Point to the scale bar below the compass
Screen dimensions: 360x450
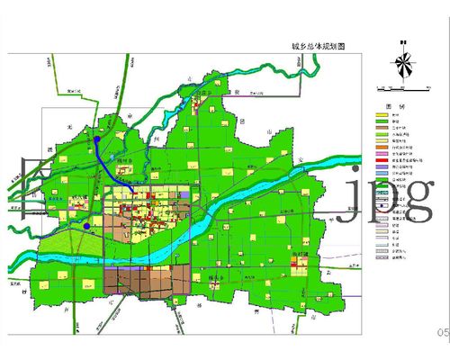pos(395,87)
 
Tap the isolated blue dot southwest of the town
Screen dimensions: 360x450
pos(85,228)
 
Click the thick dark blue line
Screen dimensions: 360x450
pos(113,167)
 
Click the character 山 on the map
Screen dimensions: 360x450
pos(266,131)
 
